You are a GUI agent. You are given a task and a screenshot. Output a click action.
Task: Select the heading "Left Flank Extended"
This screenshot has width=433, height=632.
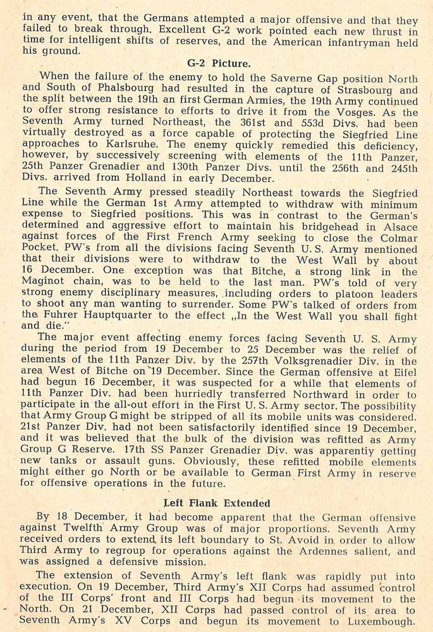point(217,503)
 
